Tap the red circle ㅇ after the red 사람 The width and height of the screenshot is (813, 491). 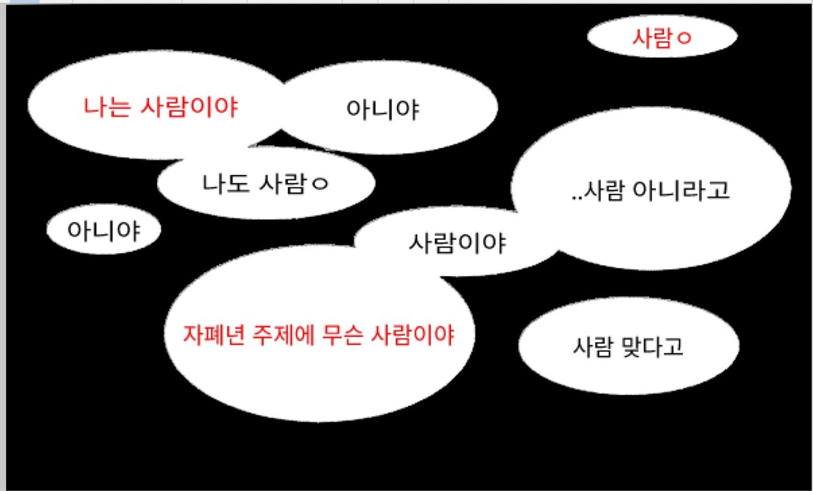pos(684,38)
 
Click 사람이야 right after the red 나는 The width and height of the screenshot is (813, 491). pos(189,107)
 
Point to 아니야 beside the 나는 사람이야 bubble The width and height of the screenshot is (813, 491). pos(383,109)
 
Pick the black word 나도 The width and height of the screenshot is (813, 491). pos(226,183)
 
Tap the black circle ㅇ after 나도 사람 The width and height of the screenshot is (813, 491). pos(320,184)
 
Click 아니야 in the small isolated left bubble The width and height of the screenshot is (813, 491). pos(104,231)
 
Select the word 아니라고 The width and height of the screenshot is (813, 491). pos(682,190)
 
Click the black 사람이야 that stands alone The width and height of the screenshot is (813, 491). pos(457,243)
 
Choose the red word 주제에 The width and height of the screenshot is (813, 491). pos(283,335)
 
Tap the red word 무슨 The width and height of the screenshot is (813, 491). pos(342,335)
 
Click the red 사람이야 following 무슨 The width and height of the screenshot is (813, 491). pos(413,335)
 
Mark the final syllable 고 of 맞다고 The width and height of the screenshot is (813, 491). pos(673,347)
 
